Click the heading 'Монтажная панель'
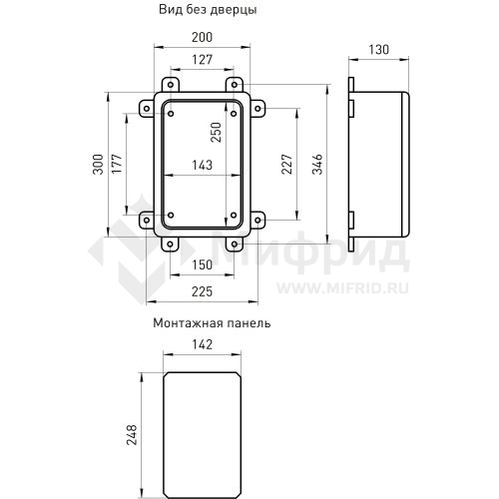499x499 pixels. (x=212, y=323)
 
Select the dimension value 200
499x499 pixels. (x=203, y=37)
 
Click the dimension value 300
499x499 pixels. (x=98, y=166)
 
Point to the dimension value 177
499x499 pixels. (x=116, y=166)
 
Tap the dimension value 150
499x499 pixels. (x=203, y=264)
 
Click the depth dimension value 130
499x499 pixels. (x=378, y=50)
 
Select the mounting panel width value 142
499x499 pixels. (x=201, y=344)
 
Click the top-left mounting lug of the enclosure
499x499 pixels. (x=171, y=84)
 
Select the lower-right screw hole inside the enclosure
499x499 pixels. (x=233, y=215)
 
